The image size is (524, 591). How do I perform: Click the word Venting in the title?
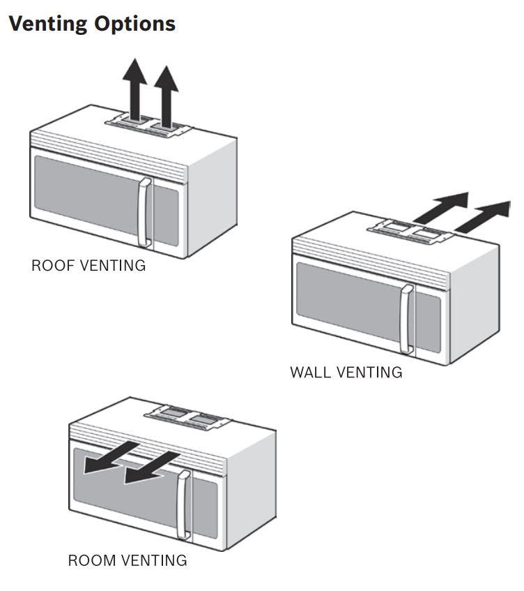tap(48, 24)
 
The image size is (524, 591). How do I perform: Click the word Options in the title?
tap(134, 23)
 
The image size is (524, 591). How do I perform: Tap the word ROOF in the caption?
tap(53, 265)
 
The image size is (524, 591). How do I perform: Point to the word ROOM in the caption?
tap(92, 560)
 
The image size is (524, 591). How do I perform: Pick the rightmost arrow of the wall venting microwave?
tap(483, 217)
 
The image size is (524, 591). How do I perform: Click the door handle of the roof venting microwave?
tap(144, 213)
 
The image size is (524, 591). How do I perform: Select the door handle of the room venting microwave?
tap(183, 504)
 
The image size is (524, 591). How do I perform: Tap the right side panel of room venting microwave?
tap(252, 490)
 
